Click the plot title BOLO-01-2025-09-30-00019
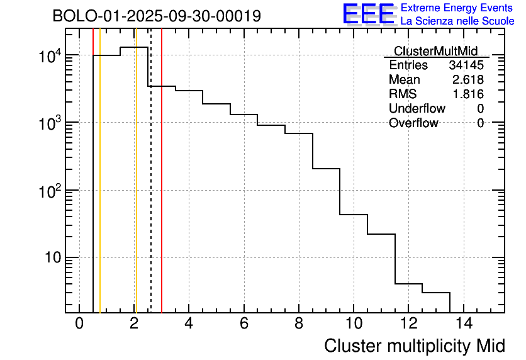point(157,16)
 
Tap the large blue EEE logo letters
point(369,14)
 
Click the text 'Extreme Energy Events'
point(457,8)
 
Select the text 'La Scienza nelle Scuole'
point(457,21)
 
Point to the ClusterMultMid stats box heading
point(435,51)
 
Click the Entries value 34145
point(466,65)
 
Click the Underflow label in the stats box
point(417,109)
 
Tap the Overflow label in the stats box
point(413,123)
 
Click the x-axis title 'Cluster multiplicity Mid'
point(414,346)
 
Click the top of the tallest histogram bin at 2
point(134,47)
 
